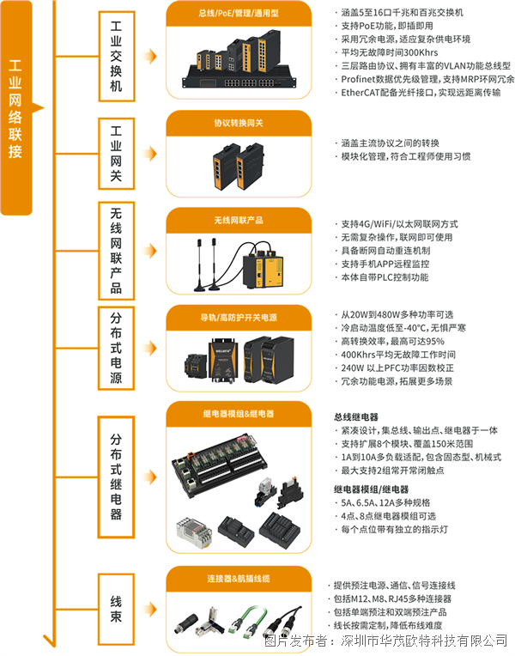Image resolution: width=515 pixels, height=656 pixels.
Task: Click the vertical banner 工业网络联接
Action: tap(16, 108)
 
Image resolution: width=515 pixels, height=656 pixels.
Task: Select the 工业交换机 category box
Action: tap(116, 57)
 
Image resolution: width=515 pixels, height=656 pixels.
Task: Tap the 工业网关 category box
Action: tap(116, 154)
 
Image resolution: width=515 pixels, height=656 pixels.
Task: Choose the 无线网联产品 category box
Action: tap(116, 251)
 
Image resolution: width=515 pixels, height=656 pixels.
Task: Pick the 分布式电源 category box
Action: tap(116, 348)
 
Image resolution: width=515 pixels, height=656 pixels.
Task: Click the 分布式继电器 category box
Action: tap(116, 477)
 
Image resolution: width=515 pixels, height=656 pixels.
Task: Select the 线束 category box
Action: tap(116, 609)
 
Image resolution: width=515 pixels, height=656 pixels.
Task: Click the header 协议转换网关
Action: tap(239, 123)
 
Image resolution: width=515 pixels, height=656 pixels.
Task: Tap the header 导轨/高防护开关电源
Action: tap(239, 318)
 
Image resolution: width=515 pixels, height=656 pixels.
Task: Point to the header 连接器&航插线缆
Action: tap(239, 579)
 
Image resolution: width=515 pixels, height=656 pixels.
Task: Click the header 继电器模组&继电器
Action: tap(239, 414)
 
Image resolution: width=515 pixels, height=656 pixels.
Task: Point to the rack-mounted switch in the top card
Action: tap(239, 79)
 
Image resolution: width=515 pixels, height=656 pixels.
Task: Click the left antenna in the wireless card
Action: tap(199, 264)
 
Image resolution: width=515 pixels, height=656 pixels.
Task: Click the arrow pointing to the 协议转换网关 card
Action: tap(149, 154)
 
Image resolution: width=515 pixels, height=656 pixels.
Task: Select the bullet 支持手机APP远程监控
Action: tap(382, 264)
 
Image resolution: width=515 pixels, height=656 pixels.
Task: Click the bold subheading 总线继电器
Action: tap(356, 417)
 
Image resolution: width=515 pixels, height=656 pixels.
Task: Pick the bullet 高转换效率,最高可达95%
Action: tap(390, 342)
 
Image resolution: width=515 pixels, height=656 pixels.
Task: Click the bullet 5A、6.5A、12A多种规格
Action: tap(382, 503)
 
